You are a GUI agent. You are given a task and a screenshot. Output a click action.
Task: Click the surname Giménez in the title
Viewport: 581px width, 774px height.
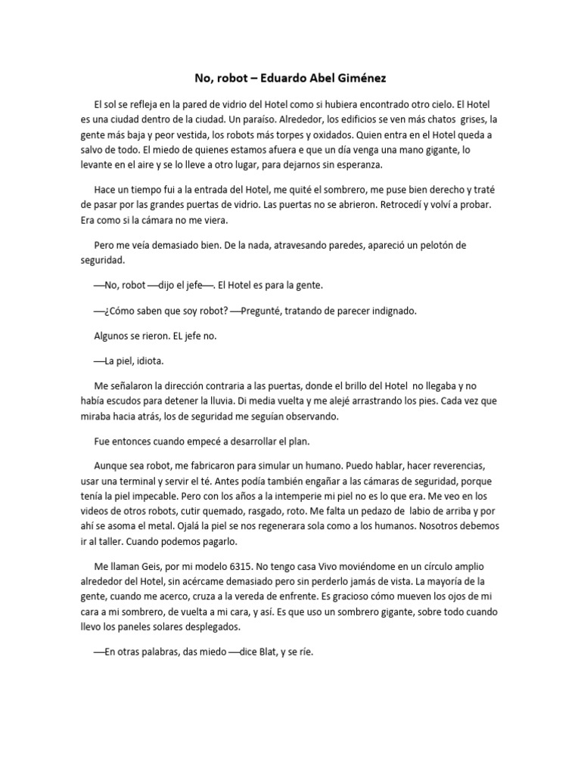coord(368,77)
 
